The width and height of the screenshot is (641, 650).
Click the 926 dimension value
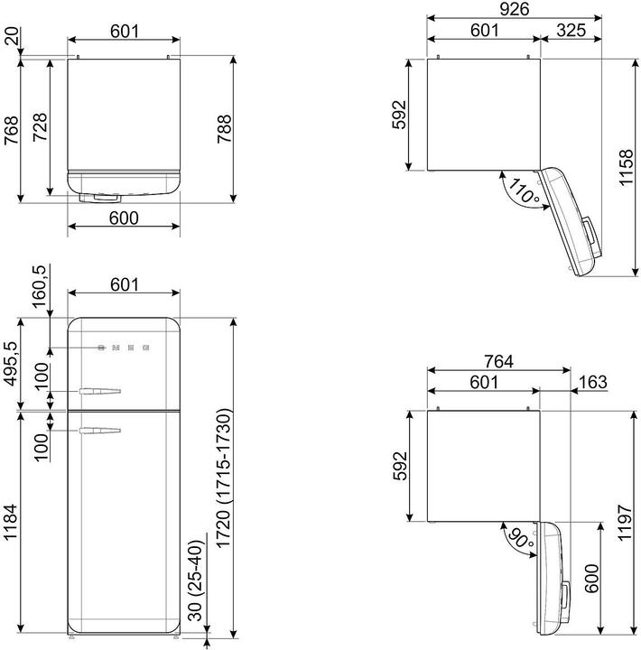coord(514,9)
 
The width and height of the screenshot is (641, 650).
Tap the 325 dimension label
coord(571,30)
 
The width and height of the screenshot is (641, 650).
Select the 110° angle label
coord(524,190)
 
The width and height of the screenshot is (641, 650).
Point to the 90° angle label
coord(521,538)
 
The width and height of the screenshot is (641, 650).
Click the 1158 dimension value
coord(626,167)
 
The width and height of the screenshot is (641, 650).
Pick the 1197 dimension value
coord(626,523)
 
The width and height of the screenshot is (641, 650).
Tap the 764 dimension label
coord(498,361)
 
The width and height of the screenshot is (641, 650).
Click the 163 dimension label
coord(593,382)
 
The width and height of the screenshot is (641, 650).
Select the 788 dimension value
coord(224,129)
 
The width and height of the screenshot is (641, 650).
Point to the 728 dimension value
coord(40,127)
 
